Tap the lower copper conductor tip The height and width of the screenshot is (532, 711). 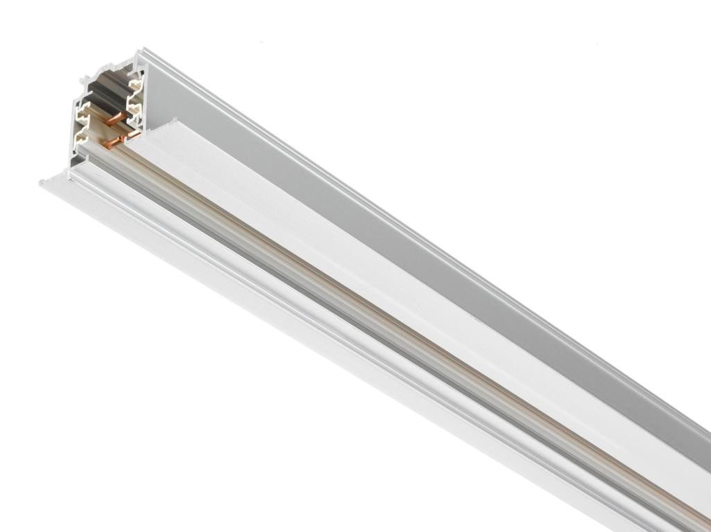110,143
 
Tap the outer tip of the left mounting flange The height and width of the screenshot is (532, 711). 42,181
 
